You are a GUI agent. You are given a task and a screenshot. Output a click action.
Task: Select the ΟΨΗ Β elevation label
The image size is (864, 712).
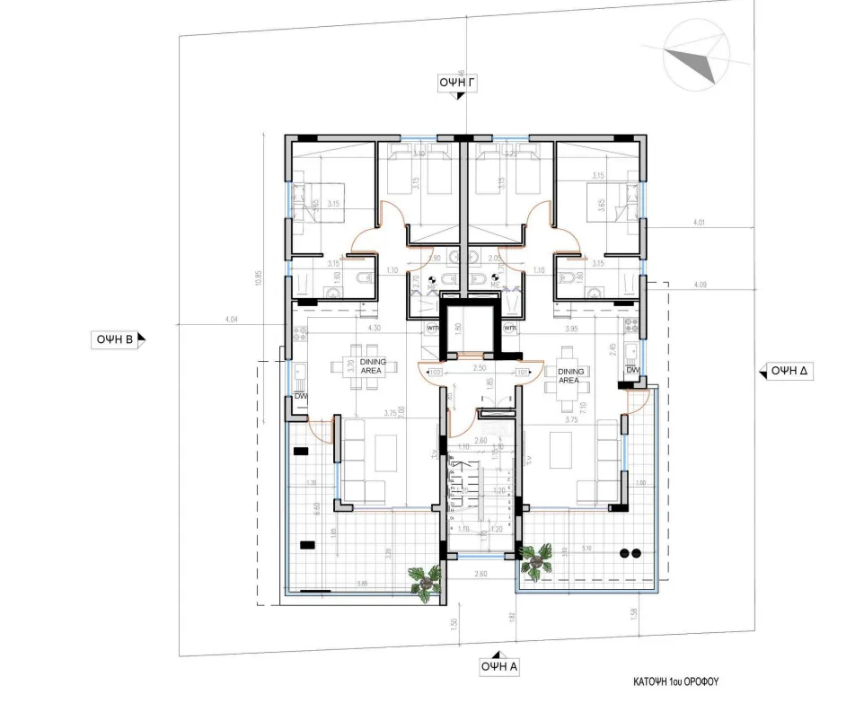[117, 339]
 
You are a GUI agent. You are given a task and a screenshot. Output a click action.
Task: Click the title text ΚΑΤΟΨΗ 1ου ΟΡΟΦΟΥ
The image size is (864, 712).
[675, 681]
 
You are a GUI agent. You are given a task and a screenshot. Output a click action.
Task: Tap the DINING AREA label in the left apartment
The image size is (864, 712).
[372, 366]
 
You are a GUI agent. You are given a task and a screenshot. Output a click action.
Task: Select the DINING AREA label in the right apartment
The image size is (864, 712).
[569, 375]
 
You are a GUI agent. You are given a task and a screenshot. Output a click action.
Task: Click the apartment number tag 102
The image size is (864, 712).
[436, 371]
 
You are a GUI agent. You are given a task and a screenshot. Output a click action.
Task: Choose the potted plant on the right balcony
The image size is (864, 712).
[537, 560]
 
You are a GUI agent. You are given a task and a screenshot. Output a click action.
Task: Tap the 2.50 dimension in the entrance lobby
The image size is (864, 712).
[479, 368]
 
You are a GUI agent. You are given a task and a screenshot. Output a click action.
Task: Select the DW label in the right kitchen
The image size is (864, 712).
[632, 370]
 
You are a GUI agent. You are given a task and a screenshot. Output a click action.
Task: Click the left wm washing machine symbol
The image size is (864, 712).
[434, 329]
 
